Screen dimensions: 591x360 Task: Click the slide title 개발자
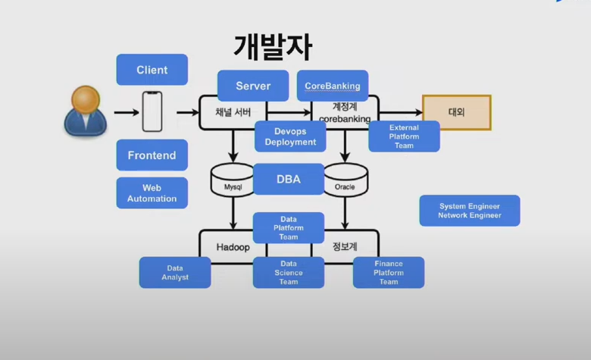click(273, 47)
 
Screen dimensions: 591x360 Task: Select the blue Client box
click(152, 70)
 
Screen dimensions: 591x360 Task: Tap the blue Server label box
click(253, 86)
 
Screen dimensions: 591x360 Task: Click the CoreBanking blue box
click(333, 86)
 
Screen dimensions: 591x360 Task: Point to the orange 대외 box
click(457, 112)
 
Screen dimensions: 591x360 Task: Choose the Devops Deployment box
click(290, 136)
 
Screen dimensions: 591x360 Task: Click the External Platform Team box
click(404, 136)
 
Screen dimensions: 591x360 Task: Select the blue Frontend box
click(152, 155)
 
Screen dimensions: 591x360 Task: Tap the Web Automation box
click(152, 193)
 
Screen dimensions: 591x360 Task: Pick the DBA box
click(289, 179)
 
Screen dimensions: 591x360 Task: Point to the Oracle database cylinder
click(346, 180)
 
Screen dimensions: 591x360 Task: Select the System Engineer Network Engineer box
click(470, 211)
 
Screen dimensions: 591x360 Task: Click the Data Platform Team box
click(289, 227)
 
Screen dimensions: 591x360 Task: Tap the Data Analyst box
click(175, 273)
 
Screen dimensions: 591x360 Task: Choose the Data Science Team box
click(289, 273)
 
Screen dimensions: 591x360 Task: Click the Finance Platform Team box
click(389, 273)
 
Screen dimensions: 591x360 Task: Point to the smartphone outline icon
click(152, 111)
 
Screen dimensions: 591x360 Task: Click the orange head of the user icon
click(86, 99)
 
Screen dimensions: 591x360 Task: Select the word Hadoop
click(233, 247)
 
